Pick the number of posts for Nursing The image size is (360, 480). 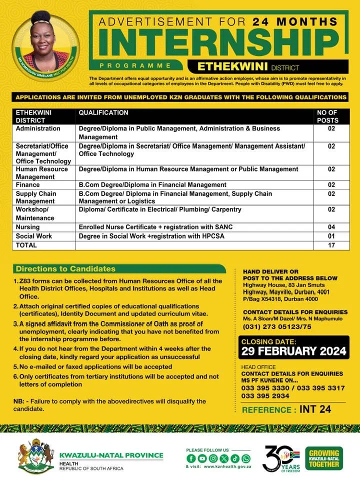pyautogui.click(x=331, y=227)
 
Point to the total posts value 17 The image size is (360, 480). pyautogui.click(x=331, y=245)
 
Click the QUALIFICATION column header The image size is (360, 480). pyautogui.click(x=103, y=113)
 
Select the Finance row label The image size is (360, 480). pyautogui.click(x=28, y=185)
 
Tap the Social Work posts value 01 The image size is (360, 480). pyautogui.click(x=331, y=236)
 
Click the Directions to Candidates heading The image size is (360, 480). pyautogui.click(x=65, y=269)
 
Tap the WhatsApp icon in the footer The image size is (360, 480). pyautogui.click(x=245, y=458)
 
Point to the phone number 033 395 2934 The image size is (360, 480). pyautogui.click(x=265, y=395)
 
